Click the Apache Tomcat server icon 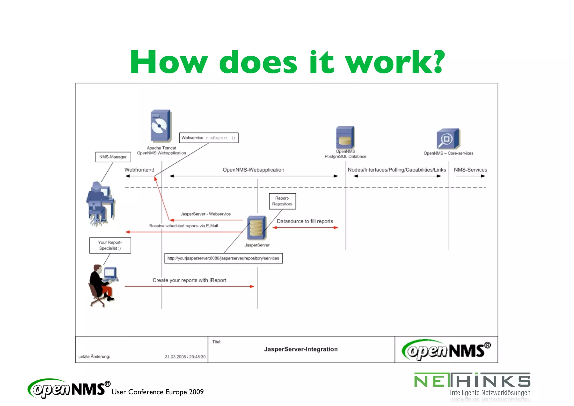161,126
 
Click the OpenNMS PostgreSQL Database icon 345,137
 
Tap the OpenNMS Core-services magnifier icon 448,139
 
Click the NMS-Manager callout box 113,157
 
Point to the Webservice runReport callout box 209,138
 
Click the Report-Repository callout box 282,201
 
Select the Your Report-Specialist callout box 110,245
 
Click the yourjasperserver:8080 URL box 223,258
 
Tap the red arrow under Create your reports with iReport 189,287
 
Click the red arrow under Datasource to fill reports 305,228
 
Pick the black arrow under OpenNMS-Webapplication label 254,176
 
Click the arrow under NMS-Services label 470,176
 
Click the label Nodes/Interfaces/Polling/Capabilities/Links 397,170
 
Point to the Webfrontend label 139,170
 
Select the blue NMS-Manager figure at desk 99,203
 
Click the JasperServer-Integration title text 301,349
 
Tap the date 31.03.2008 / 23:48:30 185,357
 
